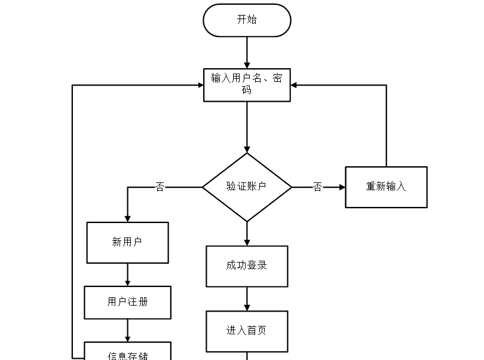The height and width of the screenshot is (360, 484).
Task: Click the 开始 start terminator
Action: click(x=247, y=20)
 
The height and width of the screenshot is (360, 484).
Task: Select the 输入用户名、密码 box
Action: click(x=247, y=85)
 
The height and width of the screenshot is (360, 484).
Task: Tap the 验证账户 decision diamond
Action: click(x=247, y=187)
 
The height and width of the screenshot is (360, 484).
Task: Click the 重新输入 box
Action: click(x=386, y=187)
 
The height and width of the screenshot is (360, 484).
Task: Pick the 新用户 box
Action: click(x=127, y=243)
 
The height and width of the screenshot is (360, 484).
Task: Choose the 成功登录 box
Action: click(x=247, y=266)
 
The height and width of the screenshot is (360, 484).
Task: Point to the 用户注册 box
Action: click(x=127, y=303)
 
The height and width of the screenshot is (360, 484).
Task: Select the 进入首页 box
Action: click(x=247, y=331)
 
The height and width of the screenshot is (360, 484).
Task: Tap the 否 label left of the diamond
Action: click(x=160, y=187)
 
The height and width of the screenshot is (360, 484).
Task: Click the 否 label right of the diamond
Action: click(x=318, y=187)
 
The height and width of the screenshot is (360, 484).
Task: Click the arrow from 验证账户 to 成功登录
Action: click(x=247, y=234)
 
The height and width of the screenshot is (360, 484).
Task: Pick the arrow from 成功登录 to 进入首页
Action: click(x=247, y=299)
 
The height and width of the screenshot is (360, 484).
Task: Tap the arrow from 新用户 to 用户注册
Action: click(x=127, y=274)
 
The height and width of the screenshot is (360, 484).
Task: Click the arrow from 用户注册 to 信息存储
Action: click(x=127, y=330)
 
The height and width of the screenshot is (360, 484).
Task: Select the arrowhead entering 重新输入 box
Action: click(x=342, y=187)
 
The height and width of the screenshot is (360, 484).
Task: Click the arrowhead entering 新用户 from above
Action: click(x=127, y=218)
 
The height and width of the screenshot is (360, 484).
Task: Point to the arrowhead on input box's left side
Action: click(x=200, y=86)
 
